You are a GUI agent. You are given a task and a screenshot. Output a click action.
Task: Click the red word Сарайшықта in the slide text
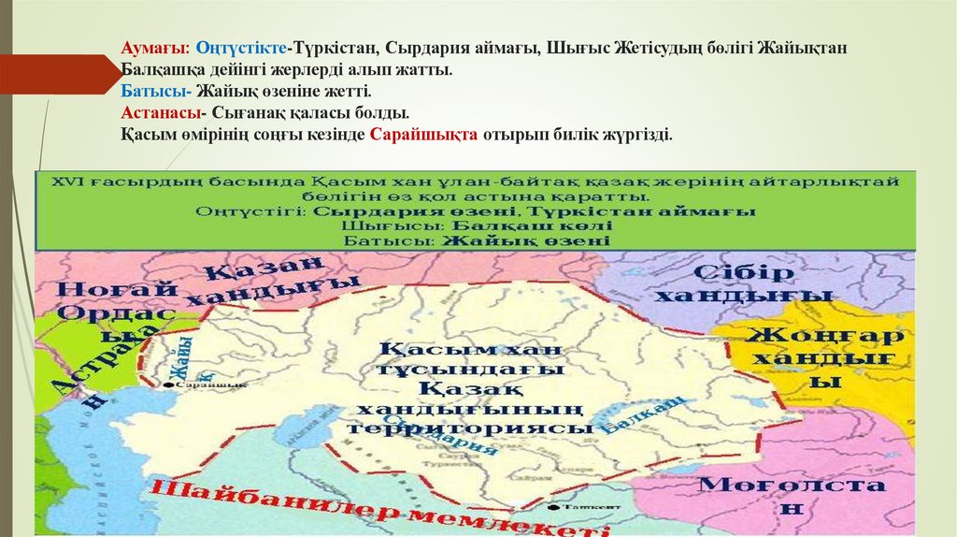tap(423, 135)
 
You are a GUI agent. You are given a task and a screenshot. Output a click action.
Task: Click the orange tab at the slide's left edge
tap(56, 74)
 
